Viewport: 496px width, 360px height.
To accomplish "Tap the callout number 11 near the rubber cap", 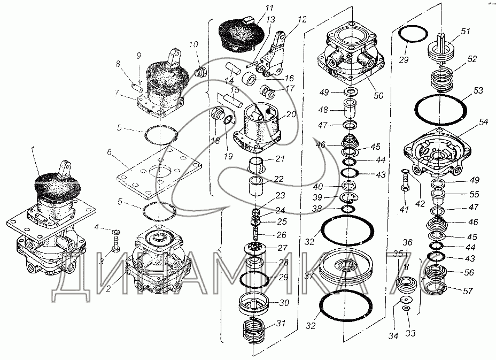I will coord(254,9).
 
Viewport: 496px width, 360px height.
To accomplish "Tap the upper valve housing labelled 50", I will coord(347,53).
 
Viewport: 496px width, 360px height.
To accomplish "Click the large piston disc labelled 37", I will coord(346,266).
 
